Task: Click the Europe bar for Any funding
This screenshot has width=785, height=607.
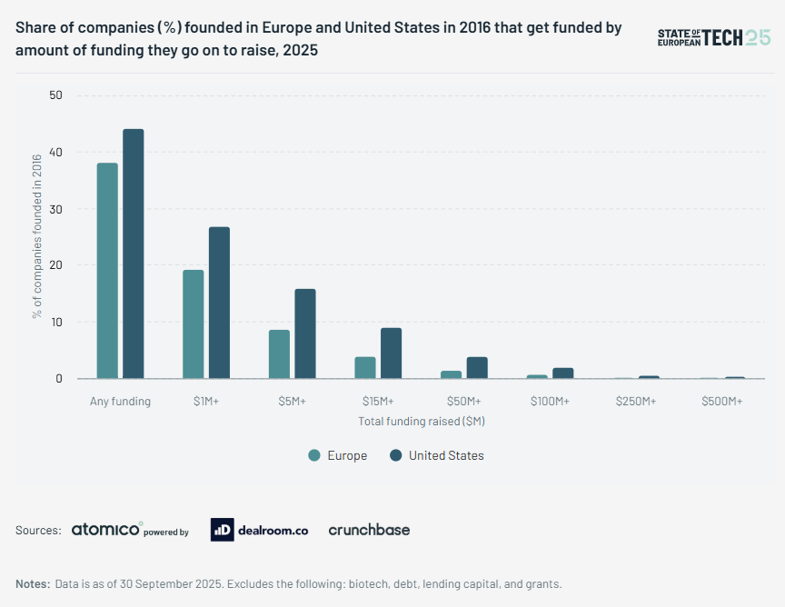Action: pos(107,271)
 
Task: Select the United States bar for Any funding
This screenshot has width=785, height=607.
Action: pos(134,254)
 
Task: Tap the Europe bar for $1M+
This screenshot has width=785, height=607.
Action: pos(193,324)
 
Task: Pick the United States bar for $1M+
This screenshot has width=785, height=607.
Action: pos(219,303)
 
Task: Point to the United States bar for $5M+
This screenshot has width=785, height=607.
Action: pos(305,333)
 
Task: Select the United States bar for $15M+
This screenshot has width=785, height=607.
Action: pos(391,353)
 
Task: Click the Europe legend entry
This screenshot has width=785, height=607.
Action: pos(338,455)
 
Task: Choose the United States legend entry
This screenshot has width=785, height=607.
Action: pos(436,455)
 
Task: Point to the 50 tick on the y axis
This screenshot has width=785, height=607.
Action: pos(56,95)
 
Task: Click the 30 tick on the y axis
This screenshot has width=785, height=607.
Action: pos(56,209)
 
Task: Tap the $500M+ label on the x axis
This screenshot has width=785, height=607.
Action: pos(722,401)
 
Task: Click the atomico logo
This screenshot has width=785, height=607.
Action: pos(107,530)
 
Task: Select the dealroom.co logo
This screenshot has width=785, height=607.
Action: pos(259,530)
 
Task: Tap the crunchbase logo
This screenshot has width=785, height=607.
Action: pos(369,530)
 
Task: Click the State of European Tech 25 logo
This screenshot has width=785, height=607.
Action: pos(713,37)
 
